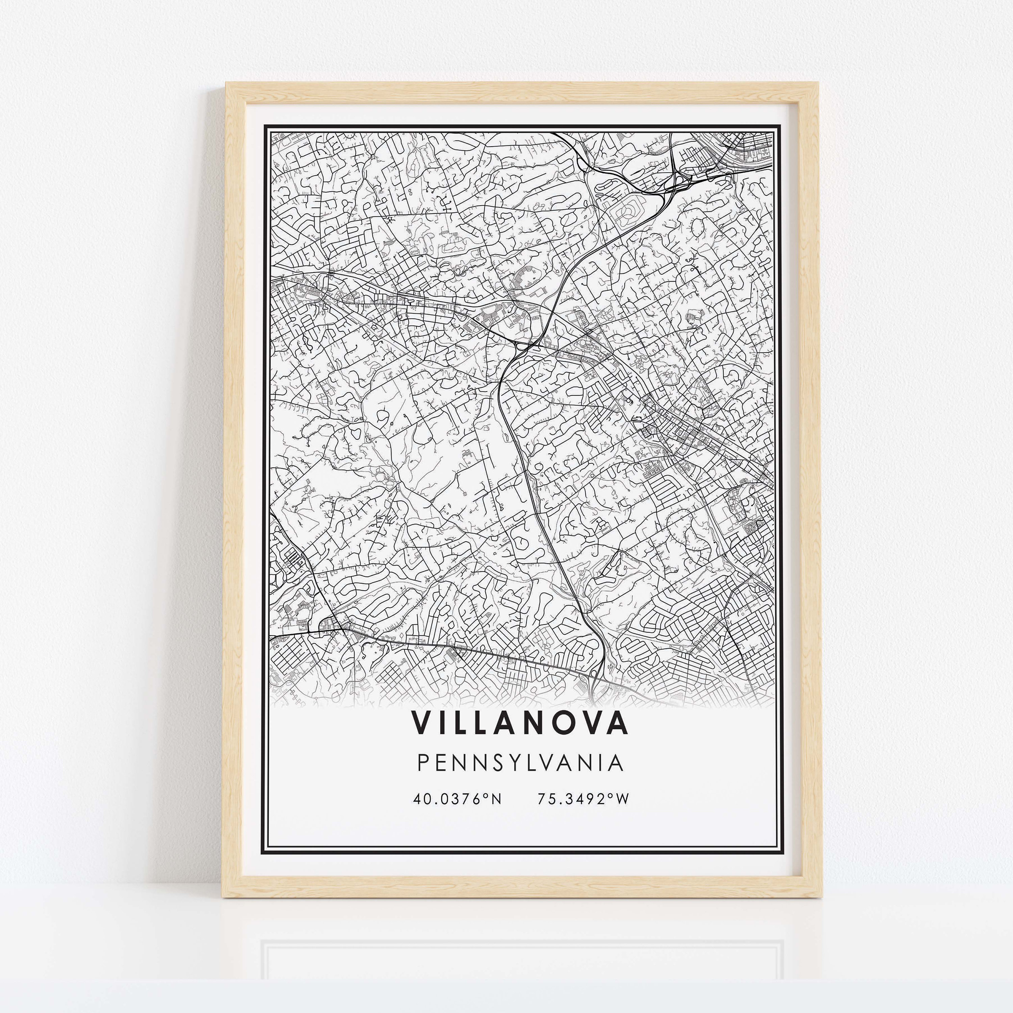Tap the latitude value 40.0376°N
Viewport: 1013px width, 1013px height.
[x=457, y=799]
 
